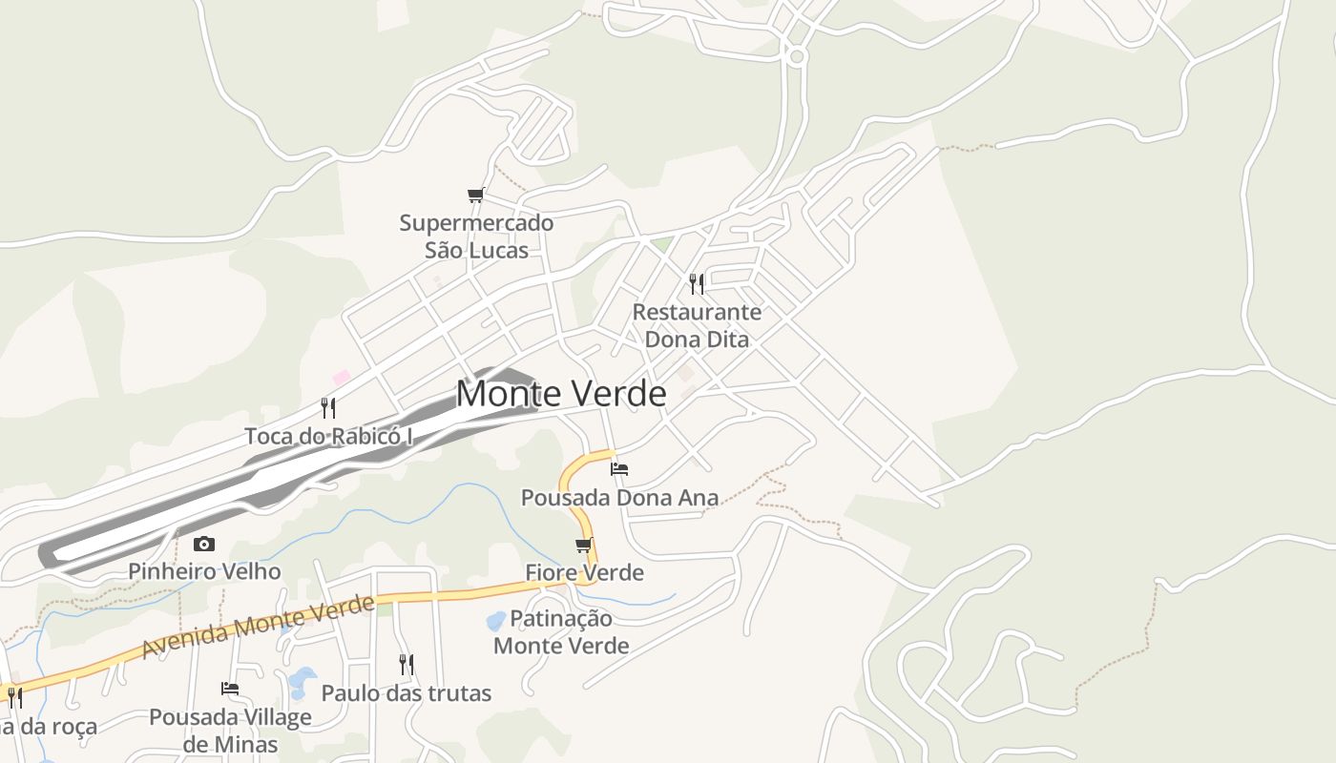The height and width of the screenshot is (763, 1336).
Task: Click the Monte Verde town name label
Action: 561,393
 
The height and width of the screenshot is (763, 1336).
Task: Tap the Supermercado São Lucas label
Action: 476,237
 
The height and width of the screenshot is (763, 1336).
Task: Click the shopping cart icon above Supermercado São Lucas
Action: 476,196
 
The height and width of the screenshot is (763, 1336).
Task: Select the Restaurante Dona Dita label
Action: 697,325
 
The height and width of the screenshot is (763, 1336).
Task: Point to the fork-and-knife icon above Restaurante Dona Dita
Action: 697,283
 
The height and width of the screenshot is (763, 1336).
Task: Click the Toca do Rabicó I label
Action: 329,436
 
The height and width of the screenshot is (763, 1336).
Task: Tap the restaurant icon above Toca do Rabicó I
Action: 328,408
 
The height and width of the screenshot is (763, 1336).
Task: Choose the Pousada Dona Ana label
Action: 619,497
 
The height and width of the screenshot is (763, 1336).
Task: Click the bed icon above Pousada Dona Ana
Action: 619,468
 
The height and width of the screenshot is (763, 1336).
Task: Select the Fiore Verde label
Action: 584,572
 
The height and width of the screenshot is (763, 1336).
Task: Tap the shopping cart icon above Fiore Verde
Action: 584,545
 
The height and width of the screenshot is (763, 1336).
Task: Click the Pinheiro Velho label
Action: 204,571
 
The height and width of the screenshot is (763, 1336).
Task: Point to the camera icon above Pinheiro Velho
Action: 204,544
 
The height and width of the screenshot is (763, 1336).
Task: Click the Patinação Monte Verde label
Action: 561,631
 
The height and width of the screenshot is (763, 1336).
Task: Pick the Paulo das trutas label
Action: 407,693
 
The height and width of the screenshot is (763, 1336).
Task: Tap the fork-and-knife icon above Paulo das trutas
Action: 407,664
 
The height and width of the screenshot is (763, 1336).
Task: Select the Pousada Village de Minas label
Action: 230,730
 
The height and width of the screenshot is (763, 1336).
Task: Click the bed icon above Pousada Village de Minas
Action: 230,688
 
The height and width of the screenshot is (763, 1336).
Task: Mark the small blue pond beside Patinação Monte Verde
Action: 496,621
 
